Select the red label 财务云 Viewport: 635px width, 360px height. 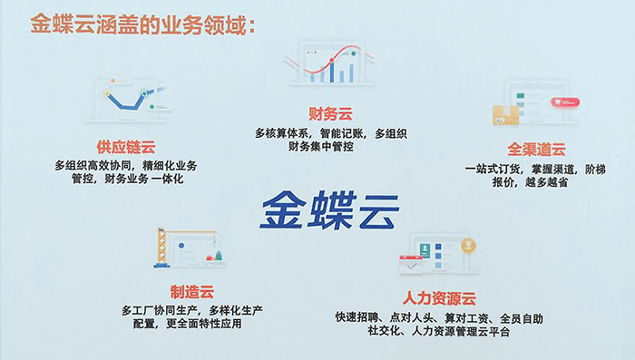330,113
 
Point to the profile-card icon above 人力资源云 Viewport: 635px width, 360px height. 436,254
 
